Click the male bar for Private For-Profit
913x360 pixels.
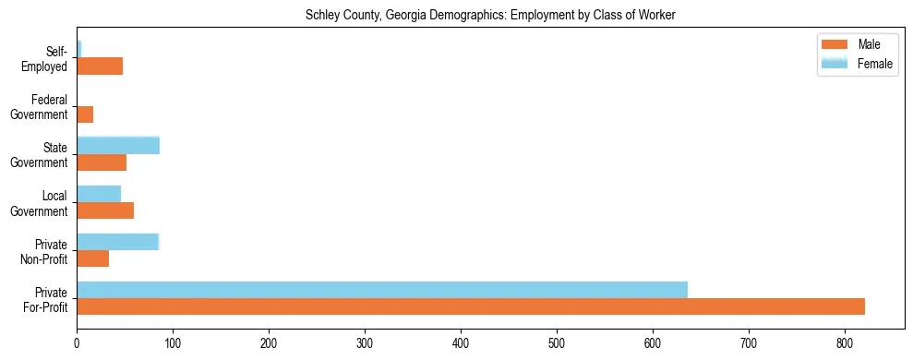471,306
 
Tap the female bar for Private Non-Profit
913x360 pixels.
118,242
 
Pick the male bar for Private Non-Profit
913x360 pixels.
93,258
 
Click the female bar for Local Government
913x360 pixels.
99,194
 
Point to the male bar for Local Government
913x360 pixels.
105,210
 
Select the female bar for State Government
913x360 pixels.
118,145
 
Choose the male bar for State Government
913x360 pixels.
102,162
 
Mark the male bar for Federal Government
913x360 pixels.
85,114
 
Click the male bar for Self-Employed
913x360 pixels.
100,66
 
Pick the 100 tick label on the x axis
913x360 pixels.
173,343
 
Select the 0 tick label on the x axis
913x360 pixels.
77,343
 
